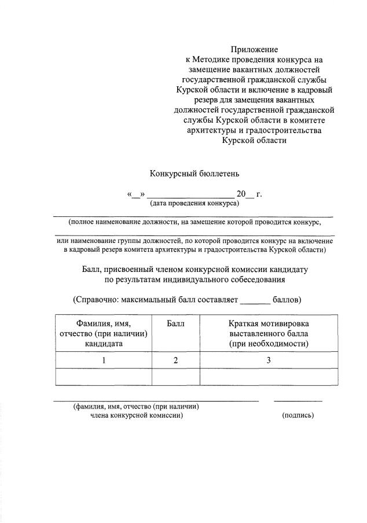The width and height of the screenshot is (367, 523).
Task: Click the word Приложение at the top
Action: point(254,50)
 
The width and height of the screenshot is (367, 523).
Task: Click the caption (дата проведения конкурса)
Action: point(194,203)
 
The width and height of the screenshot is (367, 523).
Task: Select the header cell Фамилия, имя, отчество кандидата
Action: point(104,333)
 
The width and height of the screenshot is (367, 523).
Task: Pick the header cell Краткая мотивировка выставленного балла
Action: point(269,333)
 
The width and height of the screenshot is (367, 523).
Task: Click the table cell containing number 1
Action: point(104,360)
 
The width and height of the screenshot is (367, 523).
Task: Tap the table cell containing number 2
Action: point(175,360)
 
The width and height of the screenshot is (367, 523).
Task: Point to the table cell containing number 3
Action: point(269,360)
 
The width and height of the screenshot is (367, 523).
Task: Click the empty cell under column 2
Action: point(175,377)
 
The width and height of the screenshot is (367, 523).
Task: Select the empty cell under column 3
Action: point(269,377)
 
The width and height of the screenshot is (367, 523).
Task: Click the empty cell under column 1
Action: point(104,377)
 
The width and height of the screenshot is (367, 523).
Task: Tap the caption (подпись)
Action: point(298,415)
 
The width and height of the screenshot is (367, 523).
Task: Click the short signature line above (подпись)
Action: point(298,400)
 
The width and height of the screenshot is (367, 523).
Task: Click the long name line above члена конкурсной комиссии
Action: point(156,400)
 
